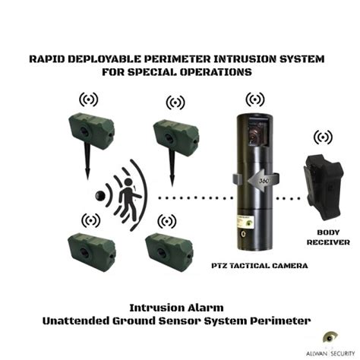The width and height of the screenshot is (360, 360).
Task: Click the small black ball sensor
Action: [x=100, y=195]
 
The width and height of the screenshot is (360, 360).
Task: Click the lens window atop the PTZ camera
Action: [x=256, y=132]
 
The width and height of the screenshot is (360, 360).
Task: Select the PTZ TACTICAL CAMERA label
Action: [x=260, y=266]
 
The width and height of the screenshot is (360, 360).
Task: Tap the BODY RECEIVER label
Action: [x=328, y=237]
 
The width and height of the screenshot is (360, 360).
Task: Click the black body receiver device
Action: [x=324, y=188]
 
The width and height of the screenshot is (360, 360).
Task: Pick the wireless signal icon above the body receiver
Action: [x=323, y=137]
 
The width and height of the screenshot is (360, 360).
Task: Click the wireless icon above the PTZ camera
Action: [x=255, y=99]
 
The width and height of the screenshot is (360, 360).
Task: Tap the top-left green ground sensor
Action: [x=92, y=131]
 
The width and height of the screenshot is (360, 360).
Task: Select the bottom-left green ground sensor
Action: [x=92, y=252]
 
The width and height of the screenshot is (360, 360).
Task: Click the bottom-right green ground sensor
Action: [x=169, y=252]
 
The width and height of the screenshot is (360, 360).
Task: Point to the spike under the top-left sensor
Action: [x=87, y=161]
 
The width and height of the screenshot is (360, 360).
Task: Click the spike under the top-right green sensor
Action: [x=172, y=168]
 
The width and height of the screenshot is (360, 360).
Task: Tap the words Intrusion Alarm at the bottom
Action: [x=176, y=308]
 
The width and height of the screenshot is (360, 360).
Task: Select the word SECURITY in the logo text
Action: [x=343, y=354]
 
